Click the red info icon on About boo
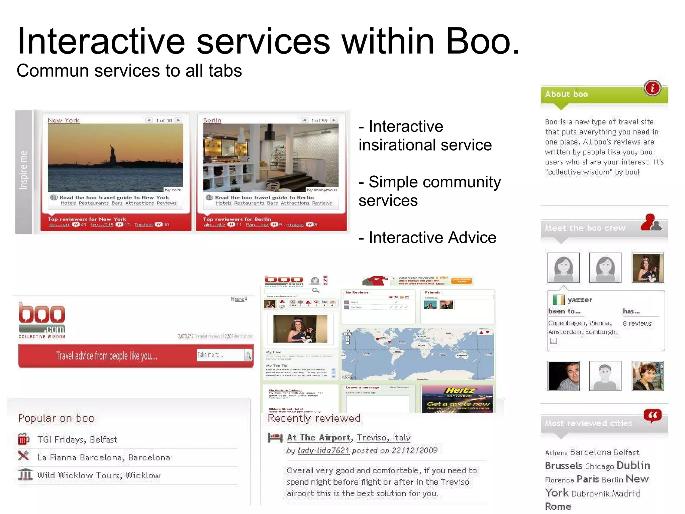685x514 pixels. click(652, 88)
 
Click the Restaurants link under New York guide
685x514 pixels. click(94, 203)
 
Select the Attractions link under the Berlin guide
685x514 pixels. click(295, 203)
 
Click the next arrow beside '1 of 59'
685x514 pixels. click(333, 120)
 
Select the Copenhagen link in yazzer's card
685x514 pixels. click(566, 323)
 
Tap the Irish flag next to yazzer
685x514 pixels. click(558, 299)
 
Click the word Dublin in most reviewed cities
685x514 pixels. click(633, 465)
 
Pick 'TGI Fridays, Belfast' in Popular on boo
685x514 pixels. click(77, 439)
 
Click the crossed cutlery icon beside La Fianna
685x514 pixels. click(24, 456)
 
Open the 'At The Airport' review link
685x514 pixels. click(318, 437)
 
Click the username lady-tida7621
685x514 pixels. click(323, 450)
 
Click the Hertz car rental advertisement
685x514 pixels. click(457, 399)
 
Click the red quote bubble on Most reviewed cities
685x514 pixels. click(652, 416)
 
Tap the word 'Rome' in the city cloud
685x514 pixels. click(558, 506)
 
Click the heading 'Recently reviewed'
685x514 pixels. click(314, 418)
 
